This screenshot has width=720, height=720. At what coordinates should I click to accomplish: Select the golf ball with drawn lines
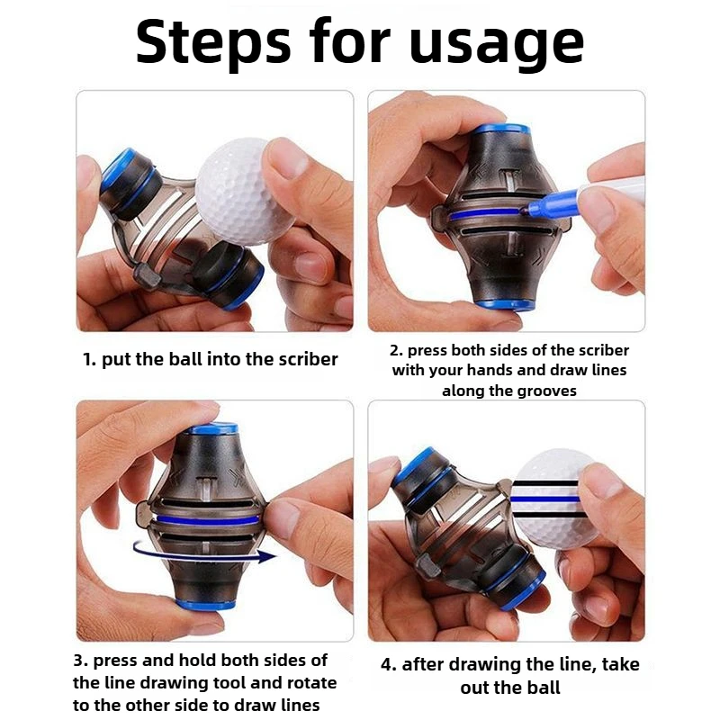(x=550, y=497)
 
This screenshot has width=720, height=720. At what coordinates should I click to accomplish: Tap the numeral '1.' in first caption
(x=89, y=359)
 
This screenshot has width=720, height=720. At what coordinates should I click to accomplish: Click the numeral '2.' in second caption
(x=395, y=350)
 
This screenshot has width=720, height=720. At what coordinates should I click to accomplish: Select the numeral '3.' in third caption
(x=80, y=661)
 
